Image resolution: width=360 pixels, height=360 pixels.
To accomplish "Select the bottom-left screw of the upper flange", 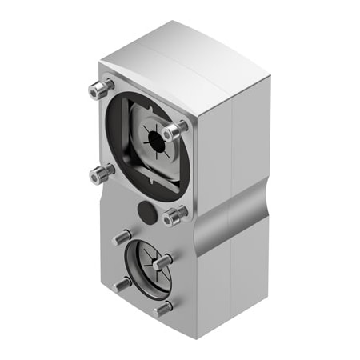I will pos(101,171).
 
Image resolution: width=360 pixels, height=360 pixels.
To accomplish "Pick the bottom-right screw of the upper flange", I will pos(173,215).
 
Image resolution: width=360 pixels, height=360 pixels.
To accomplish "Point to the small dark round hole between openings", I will pos(146,212).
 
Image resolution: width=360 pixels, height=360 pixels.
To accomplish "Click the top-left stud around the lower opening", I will pos(122,236).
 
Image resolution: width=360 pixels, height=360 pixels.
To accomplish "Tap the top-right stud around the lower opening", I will pos(162,260).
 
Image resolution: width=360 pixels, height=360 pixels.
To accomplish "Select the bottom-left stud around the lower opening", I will pos(122,283).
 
